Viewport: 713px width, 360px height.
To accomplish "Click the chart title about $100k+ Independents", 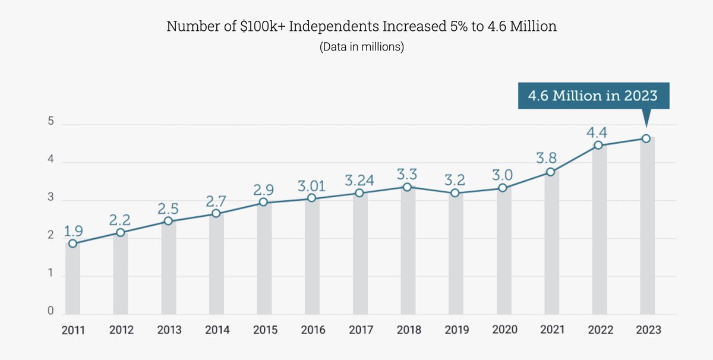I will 361,27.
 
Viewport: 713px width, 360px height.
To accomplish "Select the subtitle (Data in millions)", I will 361,47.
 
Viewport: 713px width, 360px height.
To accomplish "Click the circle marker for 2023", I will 646,138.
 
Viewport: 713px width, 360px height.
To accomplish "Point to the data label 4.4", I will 597,131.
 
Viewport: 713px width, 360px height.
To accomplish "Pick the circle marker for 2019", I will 455,193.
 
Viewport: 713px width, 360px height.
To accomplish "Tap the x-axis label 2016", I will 313,330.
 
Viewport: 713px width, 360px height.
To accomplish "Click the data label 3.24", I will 360,179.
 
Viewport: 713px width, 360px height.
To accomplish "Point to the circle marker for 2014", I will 216,213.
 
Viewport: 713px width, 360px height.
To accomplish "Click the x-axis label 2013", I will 169,330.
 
